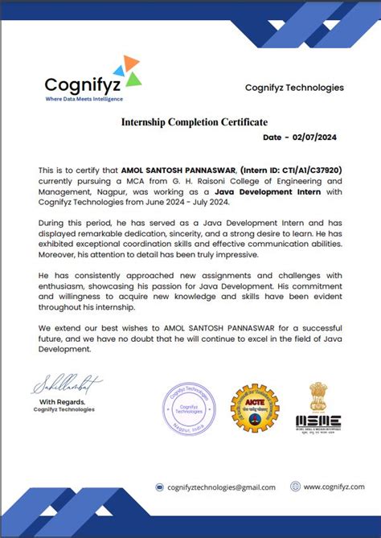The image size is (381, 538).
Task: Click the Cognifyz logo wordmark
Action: pos(84,84)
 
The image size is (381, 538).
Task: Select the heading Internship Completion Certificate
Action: pos(194,122)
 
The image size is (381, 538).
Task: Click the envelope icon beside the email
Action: pos(160,487)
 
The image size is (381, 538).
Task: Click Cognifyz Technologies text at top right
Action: pos(293,87)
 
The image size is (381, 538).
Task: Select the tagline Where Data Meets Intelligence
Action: pos(84,98)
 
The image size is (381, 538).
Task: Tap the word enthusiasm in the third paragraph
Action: pos(65,285)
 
